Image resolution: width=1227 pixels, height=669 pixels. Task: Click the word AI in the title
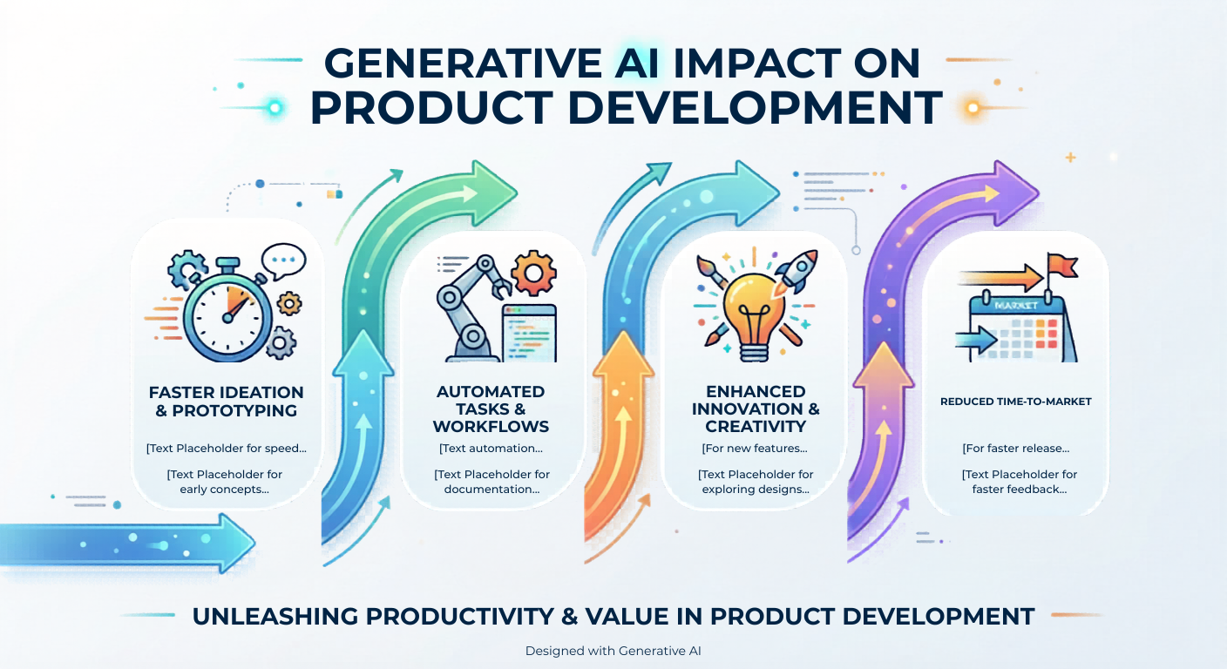(636, 64)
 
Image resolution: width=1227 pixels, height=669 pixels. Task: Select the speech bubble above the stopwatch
(283, 261)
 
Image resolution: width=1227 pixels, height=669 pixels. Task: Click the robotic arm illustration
(471, 308)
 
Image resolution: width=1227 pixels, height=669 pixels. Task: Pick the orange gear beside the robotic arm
(533, 273)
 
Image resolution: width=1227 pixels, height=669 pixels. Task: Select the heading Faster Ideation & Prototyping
(227, 402)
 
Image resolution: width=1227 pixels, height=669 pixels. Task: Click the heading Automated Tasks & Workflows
(491, 409)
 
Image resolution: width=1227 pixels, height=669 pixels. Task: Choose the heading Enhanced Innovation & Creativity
(756, 409)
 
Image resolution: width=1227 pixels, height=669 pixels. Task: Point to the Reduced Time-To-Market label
(1016, 402)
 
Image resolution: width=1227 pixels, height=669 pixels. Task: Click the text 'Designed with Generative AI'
(613, 651)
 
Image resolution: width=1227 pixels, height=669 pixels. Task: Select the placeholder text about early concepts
(225, 482)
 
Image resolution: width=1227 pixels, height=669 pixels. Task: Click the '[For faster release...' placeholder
(1016, 449)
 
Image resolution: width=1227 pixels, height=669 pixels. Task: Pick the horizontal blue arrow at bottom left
(127, 543)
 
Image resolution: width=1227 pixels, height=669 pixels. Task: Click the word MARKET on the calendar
(1015, 306)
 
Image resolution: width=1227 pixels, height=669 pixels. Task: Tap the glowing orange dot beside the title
(973, 107)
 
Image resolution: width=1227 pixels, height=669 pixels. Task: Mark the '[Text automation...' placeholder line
(491, 449)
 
